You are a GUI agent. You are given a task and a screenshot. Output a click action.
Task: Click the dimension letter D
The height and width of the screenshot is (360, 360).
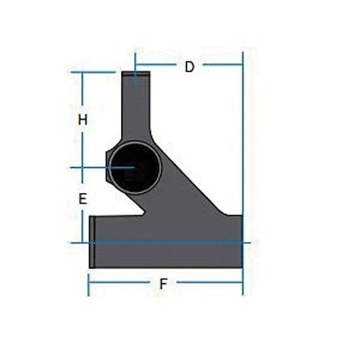coord(189,67)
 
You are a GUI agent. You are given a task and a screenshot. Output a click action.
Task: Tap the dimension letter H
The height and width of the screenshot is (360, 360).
coord(82,120)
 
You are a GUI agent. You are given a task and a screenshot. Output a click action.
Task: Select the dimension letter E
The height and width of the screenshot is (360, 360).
coord(82,199)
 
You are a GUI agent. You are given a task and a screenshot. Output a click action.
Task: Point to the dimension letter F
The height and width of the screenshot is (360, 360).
coord(164,283)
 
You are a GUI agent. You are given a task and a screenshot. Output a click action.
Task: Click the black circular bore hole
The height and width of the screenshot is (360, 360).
coord(134,167)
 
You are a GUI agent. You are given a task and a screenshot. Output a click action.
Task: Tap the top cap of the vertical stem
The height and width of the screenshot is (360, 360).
coord(134,78)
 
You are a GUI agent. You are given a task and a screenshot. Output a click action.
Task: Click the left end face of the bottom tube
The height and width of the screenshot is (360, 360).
coord(92,242)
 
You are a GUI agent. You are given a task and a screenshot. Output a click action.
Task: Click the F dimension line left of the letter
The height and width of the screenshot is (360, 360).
coord(121,283)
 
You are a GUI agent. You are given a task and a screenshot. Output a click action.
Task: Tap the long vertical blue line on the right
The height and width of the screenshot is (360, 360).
coord(243,173)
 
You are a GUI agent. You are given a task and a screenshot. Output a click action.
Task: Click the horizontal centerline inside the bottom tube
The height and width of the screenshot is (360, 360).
coord(164,242)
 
